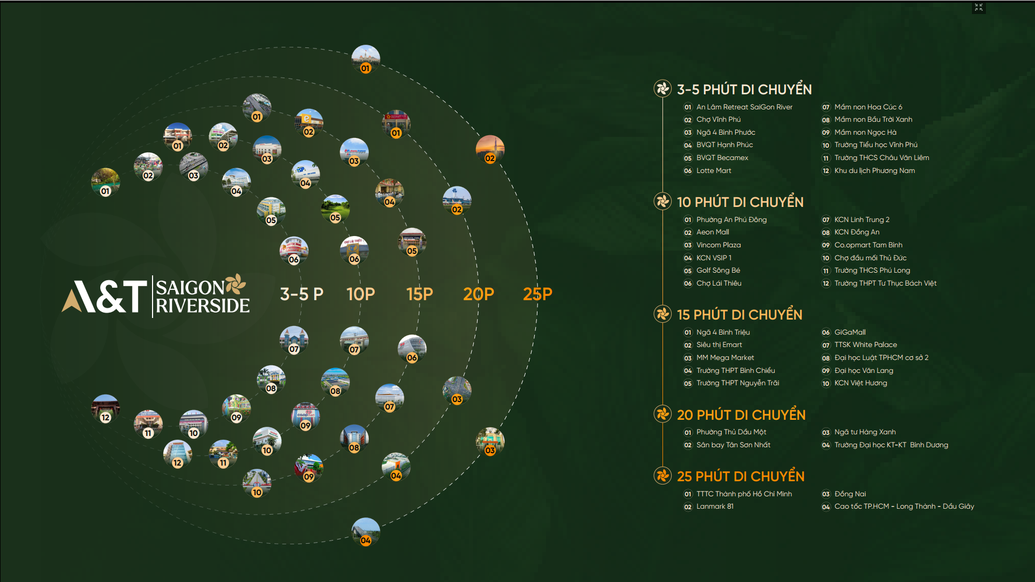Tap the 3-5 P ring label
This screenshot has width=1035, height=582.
pyautogui.click(x=301, y=294)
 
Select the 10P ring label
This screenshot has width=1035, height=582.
pyautogui.click(x=361, y=294)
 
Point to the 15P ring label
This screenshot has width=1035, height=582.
pyautogui.click(x=419, y=294)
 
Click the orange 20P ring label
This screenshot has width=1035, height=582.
pyautogui.click(x=479, y=294)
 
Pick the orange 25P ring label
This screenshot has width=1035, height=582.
pyautogui.click(x=537, y=294)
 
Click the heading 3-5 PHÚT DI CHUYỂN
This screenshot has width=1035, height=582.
pyautogui.click(x=744, y=89)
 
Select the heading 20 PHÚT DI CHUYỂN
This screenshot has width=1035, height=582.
pyautogui.click(x=741, y=414)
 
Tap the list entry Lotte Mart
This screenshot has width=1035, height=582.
pyautogui.click(x=714, y=171)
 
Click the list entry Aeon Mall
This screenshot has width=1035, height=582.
pyautogui.click(x=713, y=232)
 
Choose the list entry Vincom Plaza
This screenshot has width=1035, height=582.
pyautogui.click(x=719, y=245)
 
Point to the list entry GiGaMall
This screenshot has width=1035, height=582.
pyautogui.click(x=850, y=332)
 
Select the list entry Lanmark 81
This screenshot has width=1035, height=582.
pyautogui.click(x=715, y=507)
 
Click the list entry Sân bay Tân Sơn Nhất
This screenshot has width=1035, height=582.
pyautogui.click(x=733, y=445)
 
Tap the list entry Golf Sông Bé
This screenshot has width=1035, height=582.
pyautogui.click(x=718, y=271)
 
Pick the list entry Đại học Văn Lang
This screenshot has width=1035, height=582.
pyautogui.click(x=864, y=371)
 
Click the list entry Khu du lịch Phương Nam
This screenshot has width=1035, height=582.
pyautogui.click(x=874, y=171)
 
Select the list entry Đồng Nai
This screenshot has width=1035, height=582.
pyautogui.click(x=850, y=494)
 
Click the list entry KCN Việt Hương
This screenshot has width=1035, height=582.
pyautogui.click(x=860, y=383)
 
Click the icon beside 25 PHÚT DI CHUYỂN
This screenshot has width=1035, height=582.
pyautogui.click(x=663, y=476)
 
